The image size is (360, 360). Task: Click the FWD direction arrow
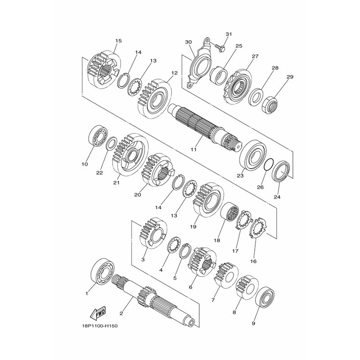pos(97,313)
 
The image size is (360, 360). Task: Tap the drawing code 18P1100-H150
pos(99,326)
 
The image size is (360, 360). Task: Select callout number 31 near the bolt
pos(229,34)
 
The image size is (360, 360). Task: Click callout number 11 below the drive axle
pos(193,149)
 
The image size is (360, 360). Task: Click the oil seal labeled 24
pos(281,171)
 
